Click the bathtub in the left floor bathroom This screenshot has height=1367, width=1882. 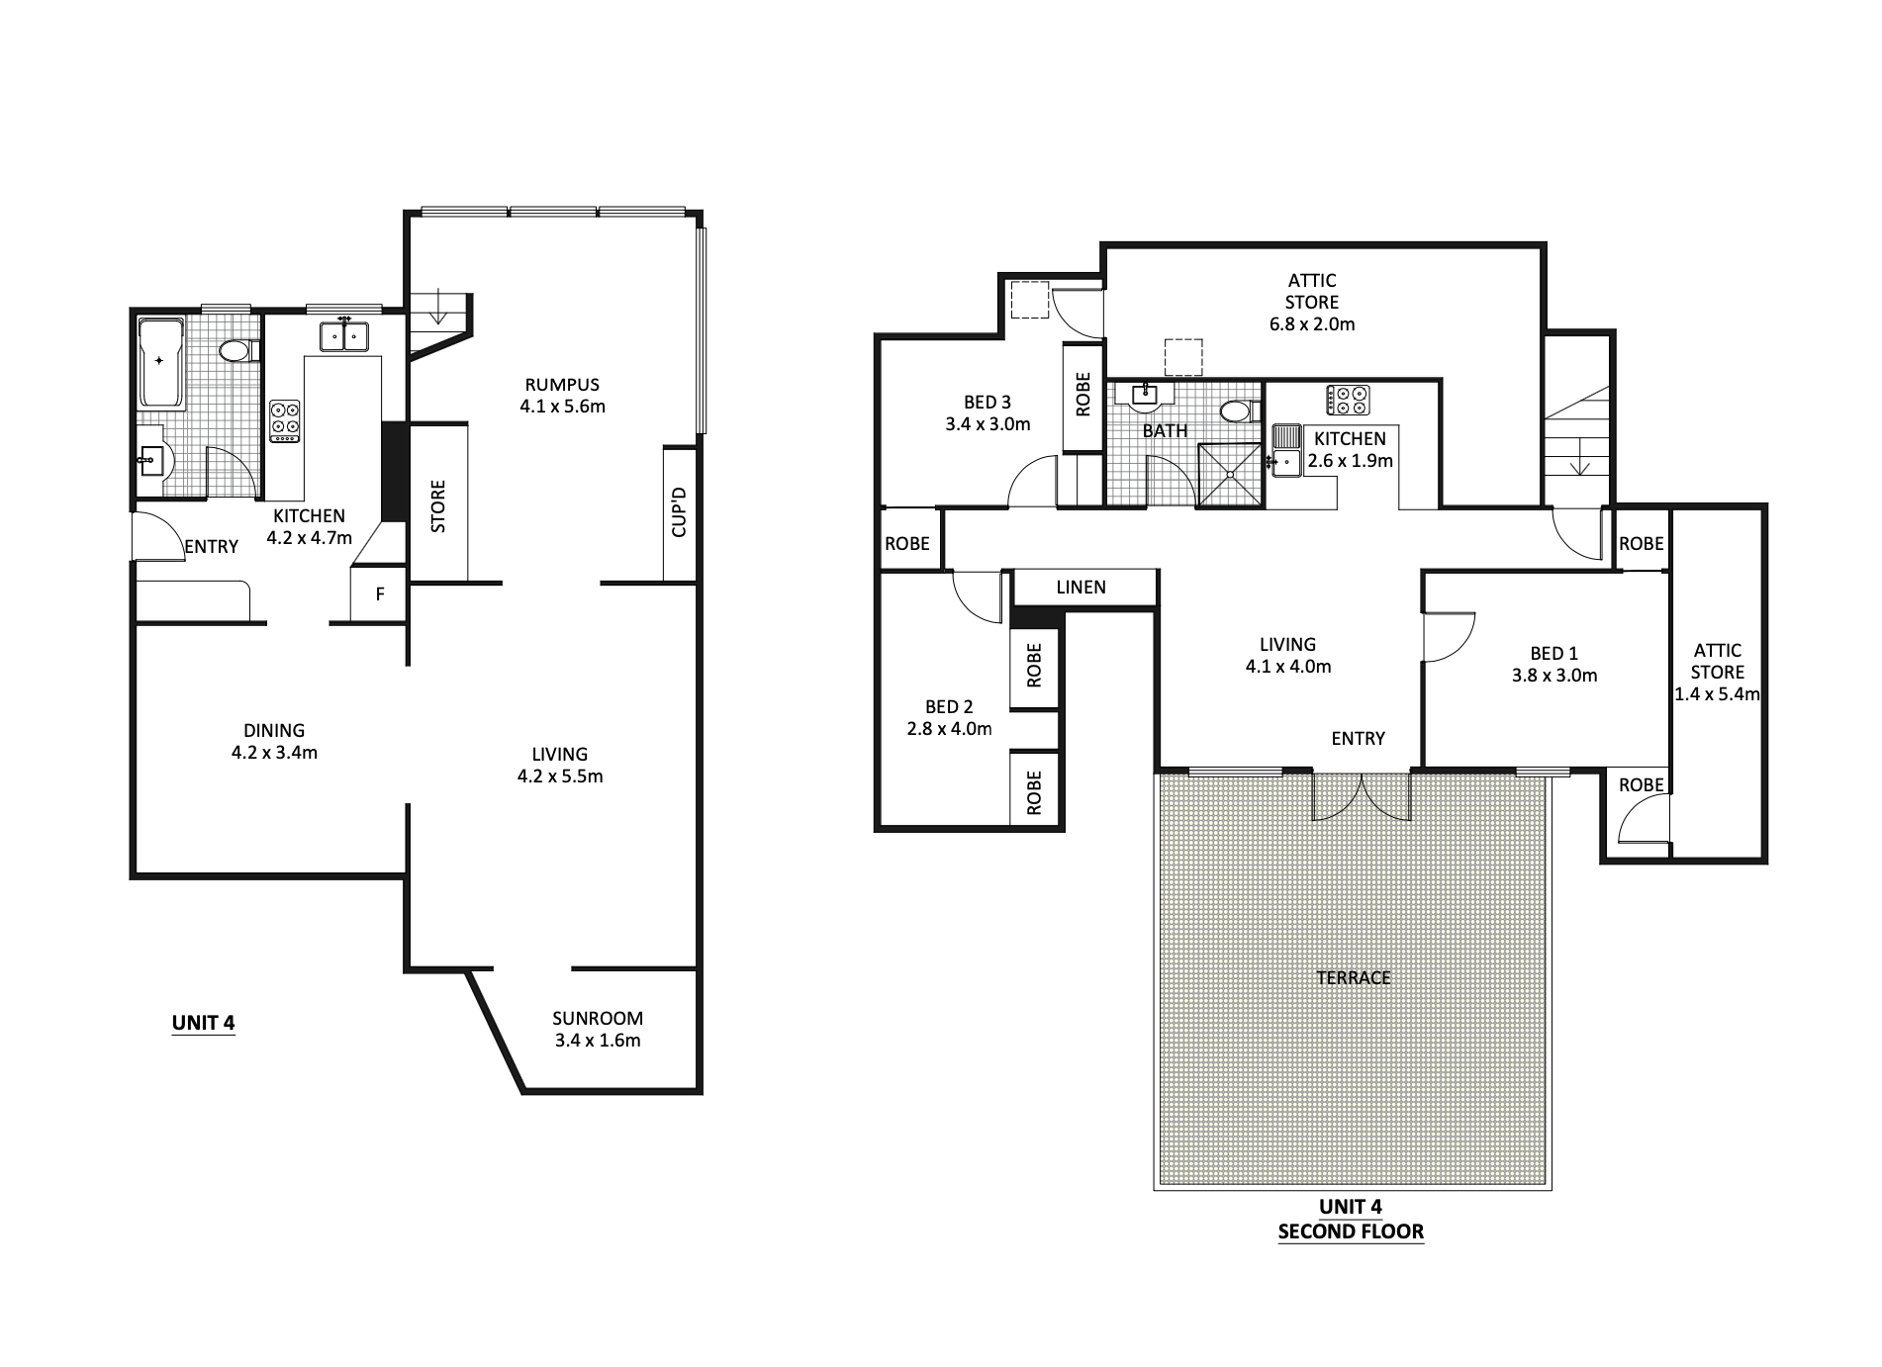pos(161,363)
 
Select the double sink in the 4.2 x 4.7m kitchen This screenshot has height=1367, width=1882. pos(343,336)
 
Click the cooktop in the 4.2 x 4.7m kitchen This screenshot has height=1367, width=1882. pos(285,421)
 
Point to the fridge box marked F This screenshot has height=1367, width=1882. pos(379,594)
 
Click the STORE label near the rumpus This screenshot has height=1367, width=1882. pos(438,505)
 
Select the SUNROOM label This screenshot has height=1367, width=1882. pos(598,1018)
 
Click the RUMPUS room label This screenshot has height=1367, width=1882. pos(562,385)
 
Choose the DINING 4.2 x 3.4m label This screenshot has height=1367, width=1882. pos(274,741)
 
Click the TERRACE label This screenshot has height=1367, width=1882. pos(1354,977)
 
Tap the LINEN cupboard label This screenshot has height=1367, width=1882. pos(1081,587)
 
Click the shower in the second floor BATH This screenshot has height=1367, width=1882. pos(1230,476)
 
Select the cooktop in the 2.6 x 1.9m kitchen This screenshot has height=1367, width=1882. pos(1348,400)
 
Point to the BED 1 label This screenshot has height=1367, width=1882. pos(1553,653)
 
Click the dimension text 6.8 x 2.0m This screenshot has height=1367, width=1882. pos(1312,323)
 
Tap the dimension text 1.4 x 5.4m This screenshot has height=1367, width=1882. pos(1717,693)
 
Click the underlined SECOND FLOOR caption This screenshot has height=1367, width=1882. pos(1351,1231)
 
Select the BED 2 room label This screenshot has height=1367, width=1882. pos(949,707)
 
